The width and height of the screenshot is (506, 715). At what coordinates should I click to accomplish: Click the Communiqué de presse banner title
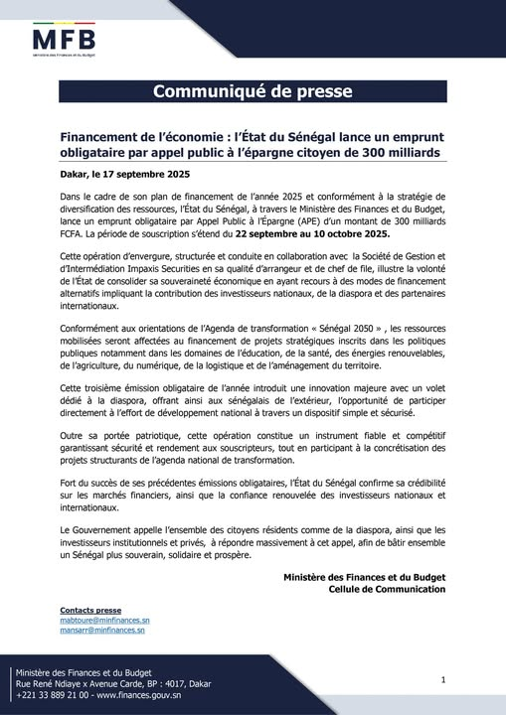pos(253,92)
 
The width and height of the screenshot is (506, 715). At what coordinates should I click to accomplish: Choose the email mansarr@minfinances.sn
pos(102,630)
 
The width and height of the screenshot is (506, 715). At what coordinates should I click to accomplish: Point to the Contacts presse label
pos(90,610)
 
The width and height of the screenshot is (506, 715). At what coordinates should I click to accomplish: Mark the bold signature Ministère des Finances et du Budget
pos(364,577)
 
